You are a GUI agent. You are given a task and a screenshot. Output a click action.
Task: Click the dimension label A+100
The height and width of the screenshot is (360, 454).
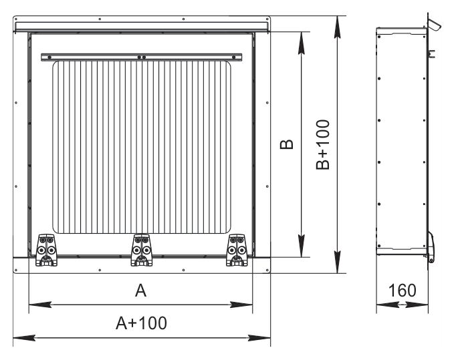point(141,323)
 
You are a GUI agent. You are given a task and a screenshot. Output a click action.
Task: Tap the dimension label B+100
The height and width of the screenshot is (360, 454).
point(323,144)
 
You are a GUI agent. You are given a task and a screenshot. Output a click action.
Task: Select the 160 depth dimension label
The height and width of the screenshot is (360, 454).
point(402,291)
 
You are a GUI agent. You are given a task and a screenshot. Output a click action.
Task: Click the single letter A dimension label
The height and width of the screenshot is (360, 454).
point(140,291)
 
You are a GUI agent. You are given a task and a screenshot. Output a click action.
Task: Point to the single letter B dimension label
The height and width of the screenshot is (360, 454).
point(287,144)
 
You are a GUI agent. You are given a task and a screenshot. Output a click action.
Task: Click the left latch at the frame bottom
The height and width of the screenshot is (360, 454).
point(46,250)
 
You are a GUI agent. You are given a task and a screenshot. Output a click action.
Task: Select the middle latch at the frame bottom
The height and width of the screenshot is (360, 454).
point(142,250)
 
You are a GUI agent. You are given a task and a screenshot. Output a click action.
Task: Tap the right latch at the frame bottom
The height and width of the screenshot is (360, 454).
point(237,250)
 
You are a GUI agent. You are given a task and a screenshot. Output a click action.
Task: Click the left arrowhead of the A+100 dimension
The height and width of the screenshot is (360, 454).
point(24,338)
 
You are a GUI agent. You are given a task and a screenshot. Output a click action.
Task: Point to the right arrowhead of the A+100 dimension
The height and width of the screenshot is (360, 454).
point(259,338)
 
